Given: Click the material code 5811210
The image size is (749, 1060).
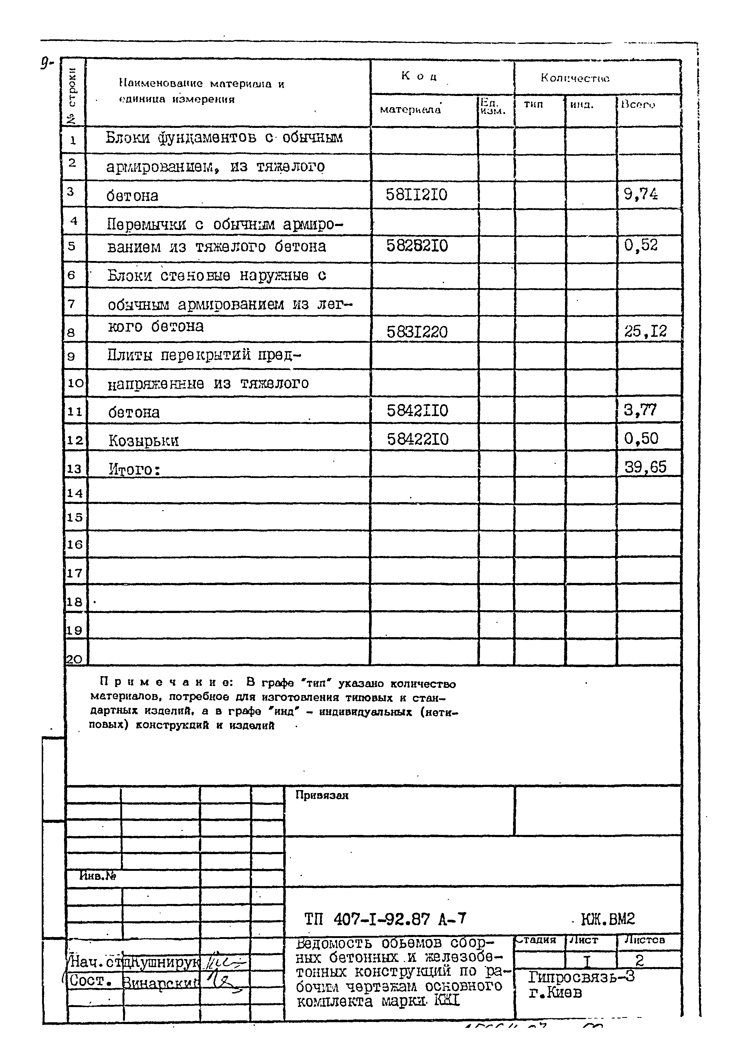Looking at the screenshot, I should tap(417, 195).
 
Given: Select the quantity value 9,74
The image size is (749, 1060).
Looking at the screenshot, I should tap(641, 194).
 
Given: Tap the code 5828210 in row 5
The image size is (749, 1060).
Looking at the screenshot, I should tap(417, 245).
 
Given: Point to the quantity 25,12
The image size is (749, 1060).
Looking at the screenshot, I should tap(645, 331).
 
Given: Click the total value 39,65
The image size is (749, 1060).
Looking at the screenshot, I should tap(645, 467).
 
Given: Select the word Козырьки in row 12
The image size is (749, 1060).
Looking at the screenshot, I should tap(143, 441).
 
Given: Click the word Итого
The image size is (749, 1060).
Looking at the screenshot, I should tap(134, 469).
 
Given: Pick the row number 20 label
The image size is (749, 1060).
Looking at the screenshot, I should tap(74, 659).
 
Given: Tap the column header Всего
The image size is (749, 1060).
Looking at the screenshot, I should tap(638, 105).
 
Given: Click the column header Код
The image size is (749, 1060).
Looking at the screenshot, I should tap(419, 76).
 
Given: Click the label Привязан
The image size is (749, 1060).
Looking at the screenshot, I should tap(322, 795).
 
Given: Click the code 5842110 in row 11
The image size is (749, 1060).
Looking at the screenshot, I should tap(417, 411).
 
